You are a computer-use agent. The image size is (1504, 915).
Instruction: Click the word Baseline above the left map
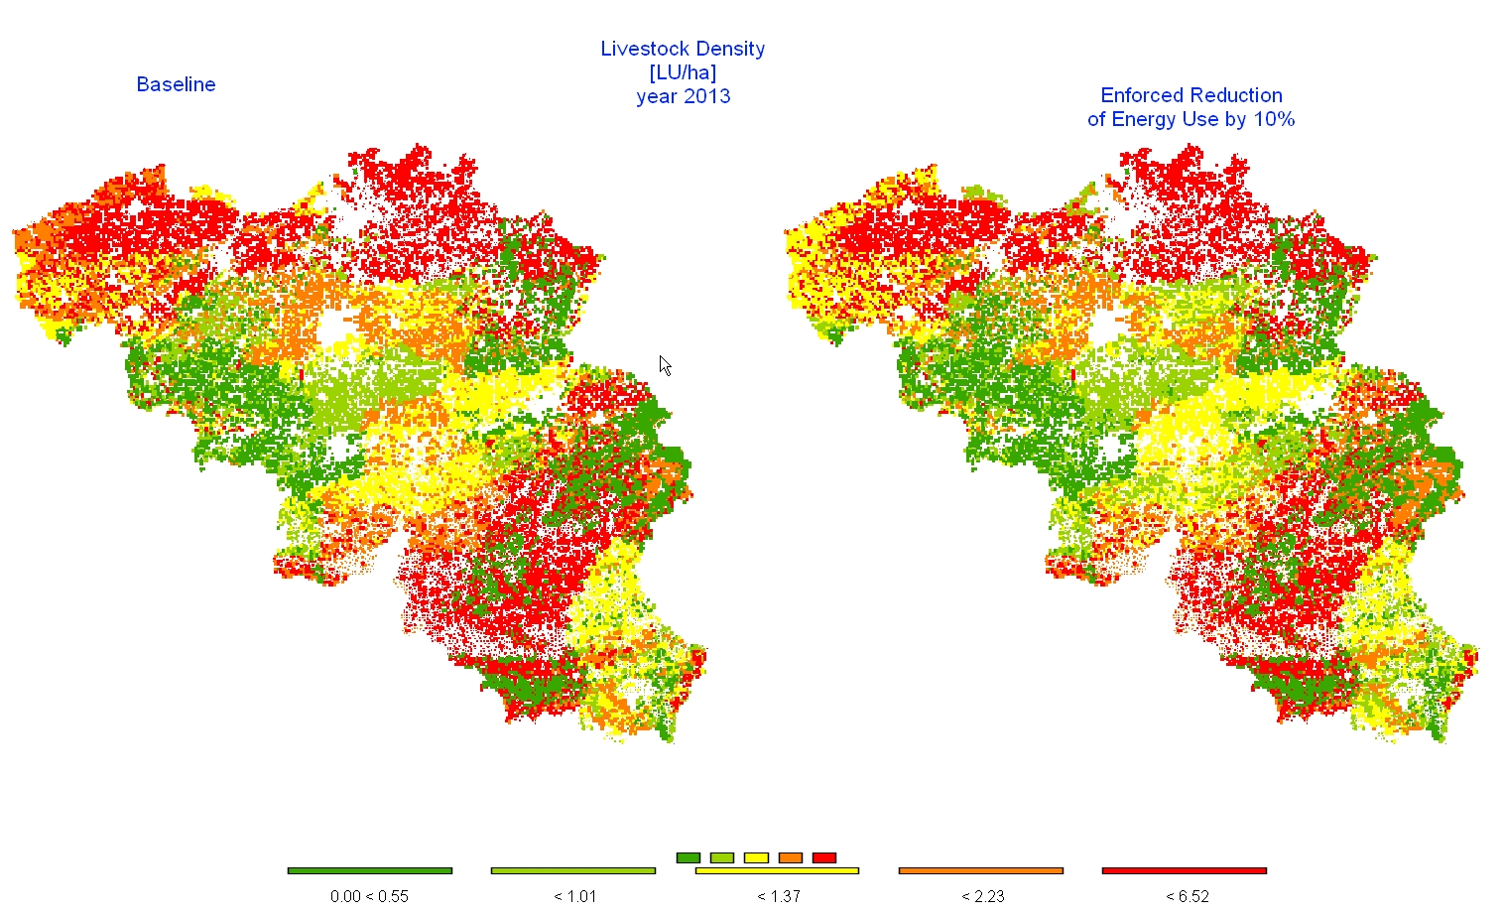[x=176, y=84]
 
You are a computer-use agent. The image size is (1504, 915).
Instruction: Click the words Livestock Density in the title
[x=683, y=49]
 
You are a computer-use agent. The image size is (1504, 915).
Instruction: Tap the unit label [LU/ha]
[x=683, y=72]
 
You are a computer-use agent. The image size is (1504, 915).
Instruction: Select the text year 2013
[x=683, y=96]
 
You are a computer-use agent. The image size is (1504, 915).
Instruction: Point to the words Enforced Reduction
[x=1191, y=95]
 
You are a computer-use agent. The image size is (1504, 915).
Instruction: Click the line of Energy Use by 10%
[x=1191, y=119]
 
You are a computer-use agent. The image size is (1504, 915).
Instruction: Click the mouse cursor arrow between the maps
[x=665, y=365]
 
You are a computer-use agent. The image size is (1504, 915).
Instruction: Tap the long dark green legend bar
[x=369, y=870]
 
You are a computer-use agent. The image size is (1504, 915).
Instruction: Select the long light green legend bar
[x=572, y=870]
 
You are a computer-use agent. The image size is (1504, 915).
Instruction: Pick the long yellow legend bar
[x=777, y=870]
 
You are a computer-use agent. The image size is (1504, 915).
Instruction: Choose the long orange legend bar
[x=980, y=870]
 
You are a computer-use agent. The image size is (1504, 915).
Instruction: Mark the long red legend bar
[x=1184, y=870]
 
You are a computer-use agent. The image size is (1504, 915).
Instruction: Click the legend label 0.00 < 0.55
[x=369, y=896]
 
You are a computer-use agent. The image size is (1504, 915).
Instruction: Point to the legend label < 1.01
[x=574, y=896]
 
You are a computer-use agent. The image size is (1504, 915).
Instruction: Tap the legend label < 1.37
[x=778, y=896]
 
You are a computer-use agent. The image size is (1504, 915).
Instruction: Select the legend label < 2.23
[x=982, y=896]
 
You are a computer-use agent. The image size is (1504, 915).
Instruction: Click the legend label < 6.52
[x=1187, y=896]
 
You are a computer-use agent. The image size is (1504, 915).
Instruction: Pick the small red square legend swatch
[x=823, y=857]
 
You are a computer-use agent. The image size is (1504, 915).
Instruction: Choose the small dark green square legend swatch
[x=688, y=857]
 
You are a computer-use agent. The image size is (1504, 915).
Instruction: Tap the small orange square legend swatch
[x=790, y=857]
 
